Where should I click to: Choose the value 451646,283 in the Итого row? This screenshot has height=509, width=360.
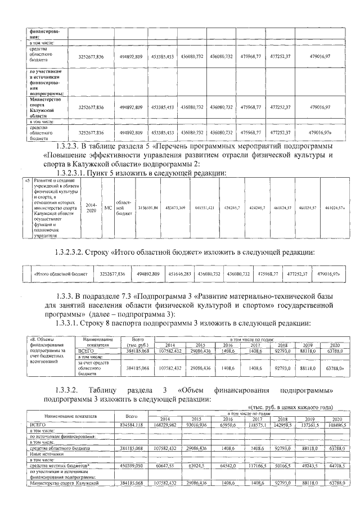[x=178, y=274]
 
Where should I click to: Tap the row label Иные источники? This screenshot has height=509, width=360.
[x=44, y=458]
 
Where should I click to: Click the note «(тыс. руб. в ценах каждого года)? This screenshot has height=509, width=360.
[x=290, y=407]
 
